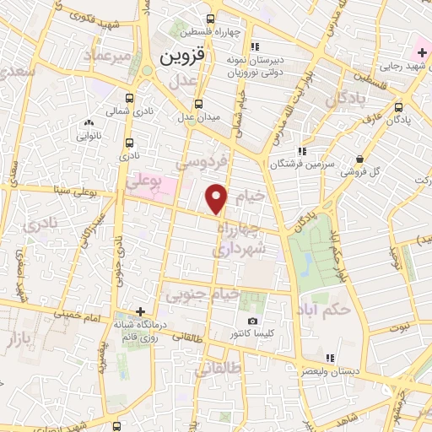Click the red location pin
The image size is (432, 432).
pos(217,197)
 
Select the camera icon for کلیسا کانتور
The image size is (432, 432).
pos(252,321)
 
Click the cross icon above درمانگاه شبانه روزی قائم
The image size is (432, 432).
pos(141,311)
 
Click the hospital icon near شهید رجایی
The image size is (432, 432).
pos(422,51)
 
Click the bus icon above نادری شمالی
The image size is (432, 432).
pos(129,97)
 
